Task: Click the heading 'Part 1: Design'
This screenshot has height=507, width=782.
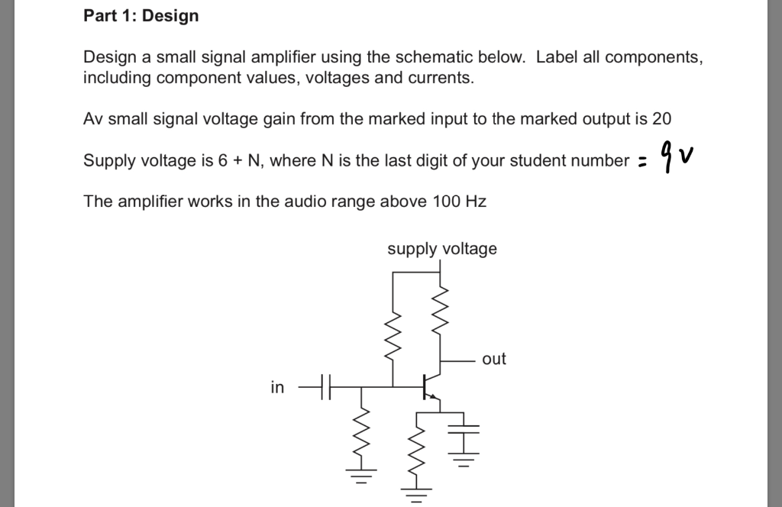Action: point(141,16)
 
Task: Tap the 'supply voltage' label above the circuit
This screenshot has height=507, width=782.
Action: point(441,249)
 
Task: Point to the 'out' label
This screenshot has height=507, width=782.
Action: point(494,359)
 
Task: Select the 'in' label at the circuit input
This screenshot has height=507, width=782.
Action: point(277,388)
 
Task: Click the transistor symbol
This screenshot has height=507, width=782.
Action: point(430,387)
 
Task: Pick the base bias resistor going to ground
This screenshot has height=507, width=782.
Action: point(360,435)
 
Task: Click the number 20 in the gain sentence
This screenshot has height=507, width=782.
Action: point(662,119)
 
